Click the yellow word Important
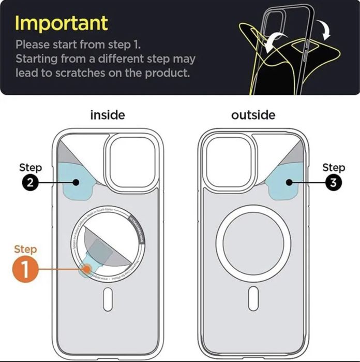62,23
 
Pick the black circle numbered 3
333,182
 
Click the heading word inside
108,114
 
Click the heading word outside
253,114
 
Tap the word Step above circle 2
31,168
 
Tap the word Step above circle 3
333,167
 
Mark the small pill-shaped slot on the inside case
108,299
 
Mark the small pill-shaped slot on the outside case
253,299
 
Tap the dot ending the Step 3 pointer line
288,182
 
